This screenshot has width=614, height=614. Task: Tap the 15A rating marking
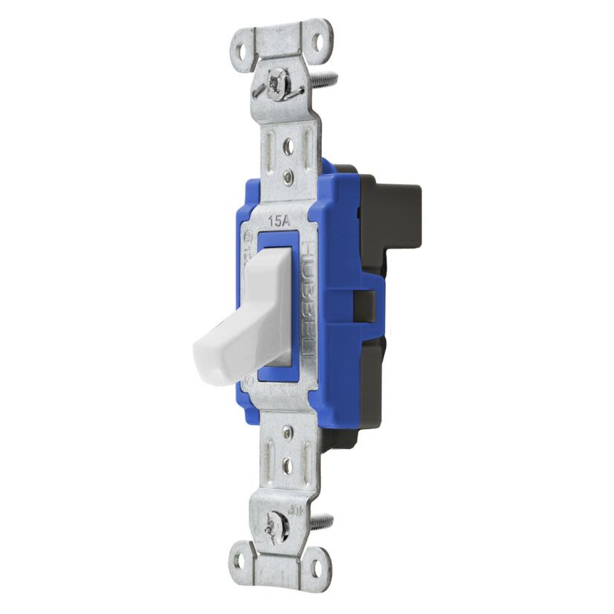(x=278, y=221)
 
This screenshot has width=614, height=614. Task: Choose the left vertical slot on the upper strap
(x=269, y=149)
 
